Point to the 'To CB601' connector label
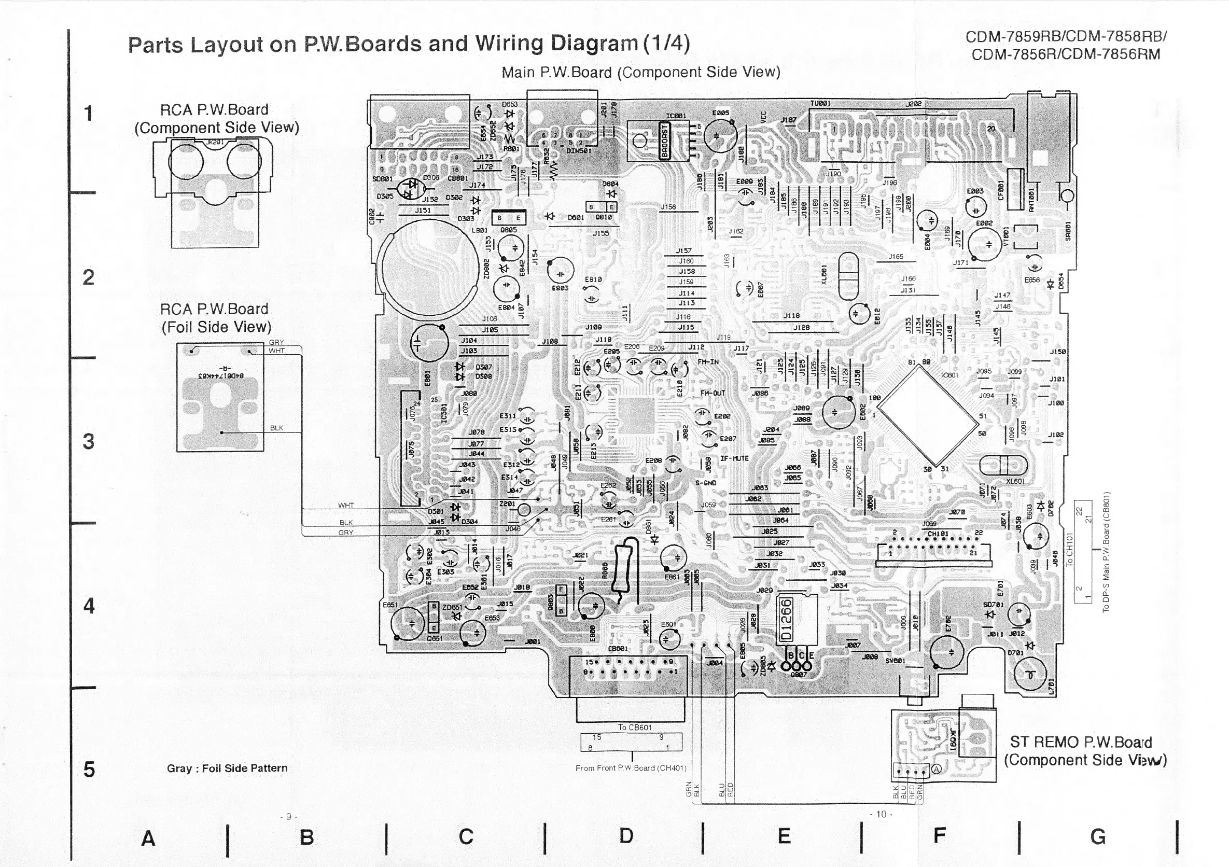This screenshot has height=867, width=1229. point(635,728)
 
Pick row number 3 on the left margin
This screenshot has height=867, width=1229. point(88,441)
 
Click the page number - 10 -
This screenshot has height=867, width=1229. point(881,815)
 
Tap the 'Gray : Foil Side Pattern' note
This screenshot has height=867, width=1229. point(227,768)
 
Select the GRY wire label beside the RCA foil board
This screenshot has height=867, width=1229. point(276,343)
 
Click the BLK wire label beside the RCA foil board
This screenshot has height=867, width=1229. point(277,428)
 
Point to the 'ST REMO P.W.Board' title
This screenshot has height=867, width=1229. point(1080,743)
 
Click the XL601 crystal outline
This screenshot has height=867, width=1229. point(1003,465)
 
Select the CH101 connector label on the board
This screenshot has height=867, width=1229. point(938,534)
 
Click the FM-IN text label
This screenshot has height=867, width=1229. point(708,362)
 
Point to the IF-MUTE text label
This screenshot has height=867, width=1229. point(734,459)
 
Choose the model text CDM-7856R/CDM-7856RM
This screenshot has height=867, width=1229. point(1065,54)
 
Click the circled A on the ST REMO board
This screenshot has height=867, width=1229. point(936,769)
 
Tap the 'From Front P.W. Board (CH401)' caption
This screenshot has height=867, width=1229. point(631,768)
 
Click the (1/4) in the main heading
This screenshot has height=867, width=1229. point(666,43)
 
